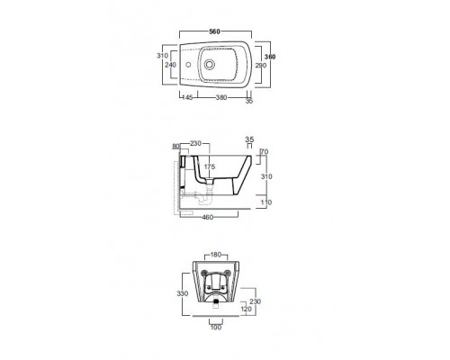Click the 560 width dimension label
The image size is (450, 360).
coord(215,31)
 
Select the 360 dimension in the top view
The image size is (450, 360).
coord(270,57)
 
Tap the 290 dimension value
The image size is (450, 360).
coord(261,65)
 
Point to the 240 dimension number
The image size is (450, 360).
coord(171,65)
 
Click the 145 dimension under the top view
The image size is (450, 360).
coord(187,97)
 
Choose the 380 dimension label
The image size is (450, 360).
coord(221,97)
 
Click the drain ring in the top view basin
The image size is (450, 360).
coord(209,64)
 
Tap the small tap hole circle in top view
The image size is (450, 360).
coord(189,65)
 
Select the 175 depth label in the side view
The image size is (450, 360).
coord(210,166)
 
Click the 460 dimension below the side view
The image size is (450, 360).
coord(208,217)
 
